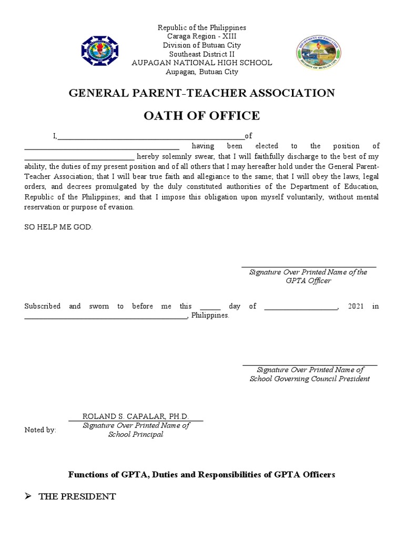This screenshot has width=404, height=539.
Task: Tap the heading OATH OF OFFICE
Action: (x=202, y=116)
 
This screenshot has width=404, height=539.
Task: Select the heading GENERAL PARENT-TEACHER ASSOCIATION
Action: (x=202, y=93)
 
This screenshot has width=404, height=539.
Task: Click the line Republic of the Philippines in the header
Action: (x=202, y=27)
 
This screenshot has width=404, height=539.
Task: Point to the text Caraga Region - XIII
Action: (x=202, y=36)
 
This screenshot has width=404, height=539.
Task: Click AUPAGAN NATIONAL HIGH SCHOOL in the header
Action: (x=202, y=63)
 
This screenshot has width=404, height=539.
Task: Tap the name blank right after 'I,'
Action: (x=151, y=136)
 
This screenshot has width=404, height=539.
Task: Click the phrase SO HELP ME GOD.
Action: (x=58, y=227)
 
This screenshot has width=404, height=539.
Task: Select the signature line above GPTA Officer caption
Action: (x=309, y=266)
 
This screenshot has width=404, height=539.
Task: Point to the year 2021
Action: (x=356, y=306)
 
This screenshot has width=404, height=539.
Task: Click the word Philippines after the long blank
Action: (x=210, y=316)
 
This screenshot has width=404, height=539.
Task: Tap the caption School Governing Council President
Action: (x=309, y=378)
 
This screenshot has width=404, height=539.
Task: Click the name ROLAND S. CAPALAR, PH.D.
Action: (x=136, y=416)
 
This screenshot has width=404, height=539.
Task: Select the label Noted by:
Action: (x=40, y=430)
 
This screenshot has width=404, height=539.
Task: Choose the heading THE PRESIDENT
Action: (x=77, y=496)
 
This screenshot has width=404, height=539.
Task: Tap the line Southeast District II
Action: (x=202, y=54)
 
